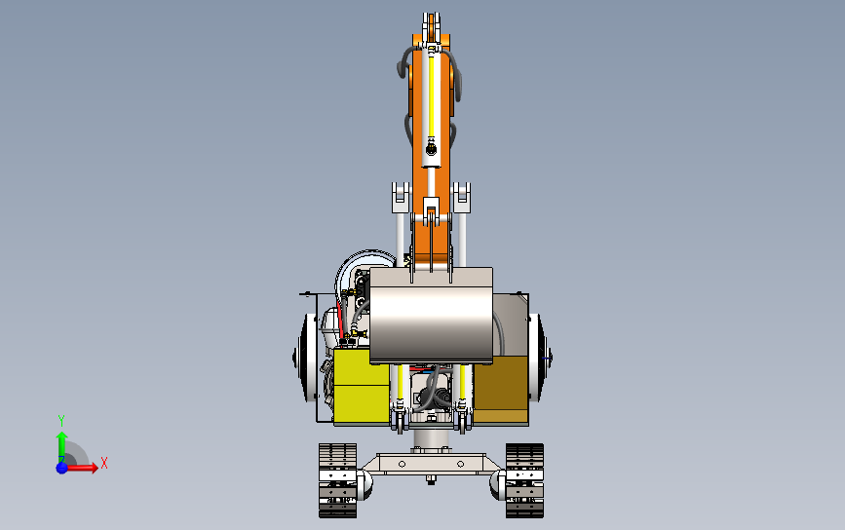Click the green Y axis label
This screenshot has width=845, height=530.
[60, 420]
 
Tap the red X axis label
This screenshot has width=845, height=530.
[104, 463]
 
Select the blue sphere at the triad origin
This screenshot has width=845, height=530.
[62, 468]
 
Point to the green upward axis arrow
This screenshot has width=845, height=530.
[62, 446]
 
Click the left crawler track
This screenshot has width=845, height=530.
[337, 480]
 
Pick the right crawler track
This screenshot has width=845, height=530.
[524, 480]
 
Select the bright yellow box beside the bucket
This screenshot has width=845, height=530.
[362, 385]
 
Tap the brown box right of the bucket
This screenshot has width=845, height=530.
[501, 388]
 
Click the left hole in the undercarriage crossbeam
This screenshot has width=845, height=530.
[402, 464]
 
